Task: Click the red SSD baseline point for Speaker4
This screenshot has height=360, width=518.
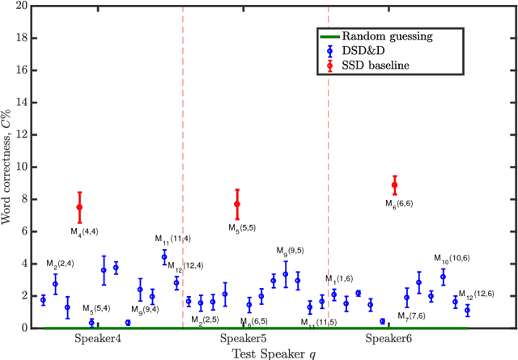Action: click(79, 207)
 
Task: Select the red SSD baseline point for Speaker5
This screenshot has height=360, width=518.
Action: click(237, 205)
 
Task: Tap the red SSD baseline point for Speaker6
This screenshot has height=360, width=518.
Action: click(395, 185)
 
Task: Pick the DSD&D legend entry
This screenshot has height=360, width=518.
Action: click(364, 51)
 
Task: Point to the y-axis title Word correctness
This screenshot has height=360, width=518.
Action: click(7, 167)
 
